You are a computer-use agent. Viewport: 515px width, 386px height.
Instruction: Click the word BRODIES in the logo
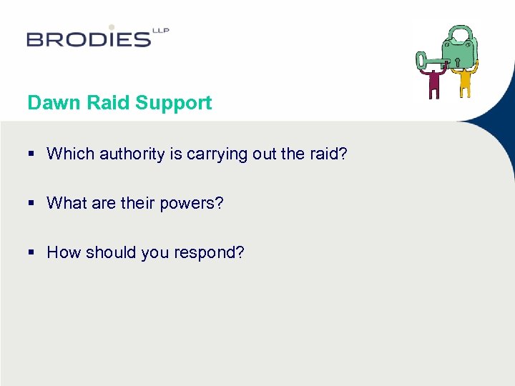click(89, 39)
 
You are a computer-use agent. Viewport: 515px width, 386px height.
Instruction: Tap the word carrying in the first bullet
click(216, 154)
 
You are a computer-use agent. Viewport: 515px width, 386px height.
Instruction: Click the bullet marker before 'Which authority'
click(32, 154)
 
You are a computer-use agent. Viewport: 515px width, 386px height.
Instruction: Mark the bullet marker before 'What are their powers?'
click(32, 203)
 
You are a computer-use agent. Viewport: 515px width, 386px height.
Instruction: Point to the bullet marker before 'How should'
click(32, 252)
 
